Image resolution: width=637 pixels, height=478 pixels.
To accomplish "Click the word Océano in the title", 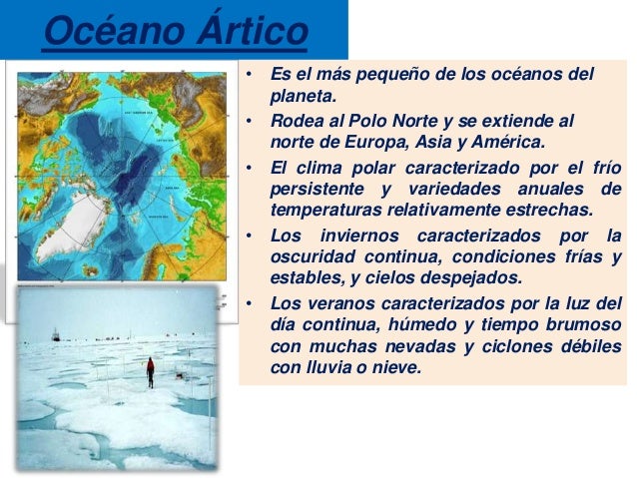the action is click(114, 31).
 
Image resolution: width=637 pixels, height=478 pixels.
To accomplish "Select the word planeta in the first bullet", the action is click(303, 98).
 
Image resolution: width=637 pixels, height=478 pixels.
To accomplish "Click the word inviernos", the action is click(359, 236).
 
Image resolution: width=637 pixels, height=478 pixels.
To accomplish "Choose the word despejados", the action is click(471, 279).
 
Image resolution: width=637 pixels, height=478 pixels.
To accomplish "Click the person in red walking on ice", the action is click(151, 372).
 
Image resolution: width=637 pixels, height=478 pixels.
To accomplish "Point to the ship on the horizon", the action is click(56, 334).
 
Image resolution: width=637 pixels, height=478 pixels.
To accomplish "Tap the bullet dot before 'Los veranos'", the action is click(249, 303).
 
